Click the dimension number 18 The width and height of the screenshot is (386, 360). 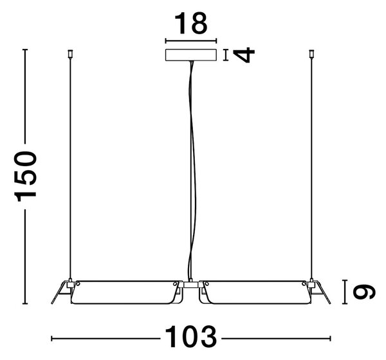tap(191, 24)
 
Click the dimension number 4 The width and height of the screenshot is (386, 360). tap(244, 55)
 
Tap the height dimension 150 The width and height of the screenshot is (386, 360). tap(25, 176)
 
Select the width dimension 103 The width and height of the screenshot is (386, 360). tap(191, 337)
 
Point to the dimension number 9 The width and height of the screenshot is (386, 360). tap(364, 292)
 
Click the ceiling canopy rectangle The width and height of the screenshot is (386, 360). tap(191, 55)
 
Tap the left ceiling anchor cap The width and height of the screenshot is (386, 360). tap(70, 53)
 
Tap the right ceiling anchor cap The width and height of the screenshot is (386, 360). tap(311, 53)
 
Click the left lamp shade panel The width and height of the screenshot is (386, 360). tap(124, 292)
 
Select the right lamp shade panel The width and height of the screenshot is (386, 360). tap(257, 292)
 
